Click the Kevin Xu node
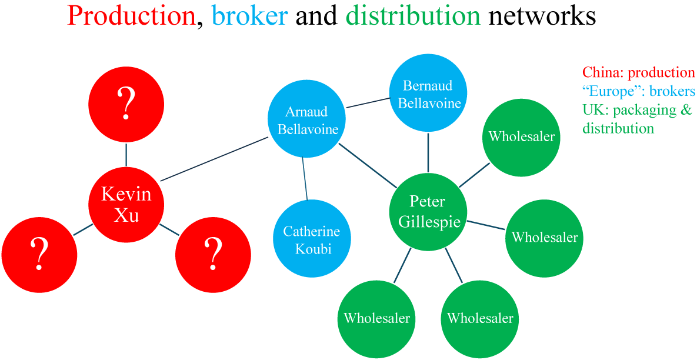126,204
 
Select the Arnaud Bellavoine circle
306,121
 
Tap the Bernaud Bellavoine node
428,95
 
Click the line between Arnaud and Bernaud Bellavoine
368,103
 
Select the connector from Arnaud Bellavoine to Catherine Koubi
305,180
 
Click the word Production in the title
131,17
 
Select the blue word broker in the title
250,17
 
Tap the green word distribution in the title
413,17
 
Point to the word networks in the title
542,17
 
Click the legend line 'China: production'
638,72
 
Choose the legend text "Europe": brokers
638,91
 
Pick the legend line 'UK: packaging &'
636,110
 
